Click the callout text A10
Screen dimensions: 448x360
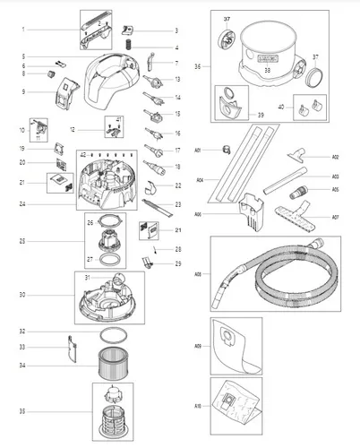tap(198, 405)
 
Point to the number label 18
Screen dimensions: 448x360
tap(176, 167)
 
